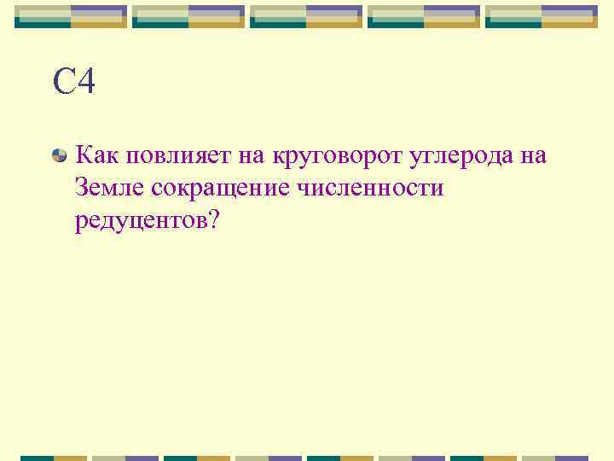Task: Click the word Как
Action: point(97,156)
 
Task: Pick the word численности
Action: point(368,187)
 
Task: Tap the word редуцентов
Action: point(140,220)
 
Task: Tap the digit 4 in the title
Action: point(85,83)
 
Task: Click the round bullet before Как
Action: point(60,157)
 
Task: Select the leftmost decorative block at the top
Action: point(72,16)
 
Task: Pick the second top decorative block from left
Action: point(189,16)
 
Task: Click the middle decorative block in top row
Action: point(307,16)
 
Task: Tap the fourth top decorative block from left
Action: point(425,16)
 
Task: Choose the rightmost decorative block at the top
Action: point(542,16)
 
